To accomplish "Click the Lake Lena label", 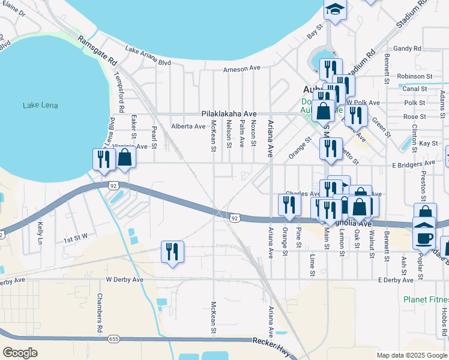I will (40, 106).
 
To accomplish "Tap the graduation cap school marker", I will (335, 10).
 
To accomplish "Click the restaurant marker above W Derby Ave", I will (172, 251).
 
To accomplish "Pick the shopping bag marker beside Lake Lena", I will (125, 158).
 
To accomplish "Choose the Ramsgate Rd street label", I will (97, 50).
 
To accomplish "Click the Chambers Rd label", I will (100, 315).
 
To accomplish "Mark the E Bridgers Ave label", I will (413, 163).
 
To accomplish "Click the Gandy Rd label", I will (408, 48).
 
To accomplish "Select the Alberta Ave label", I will (188, 127).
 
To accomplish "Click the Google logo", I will (19, 353).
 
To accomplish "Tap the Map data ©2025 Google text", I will (412, 355).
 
